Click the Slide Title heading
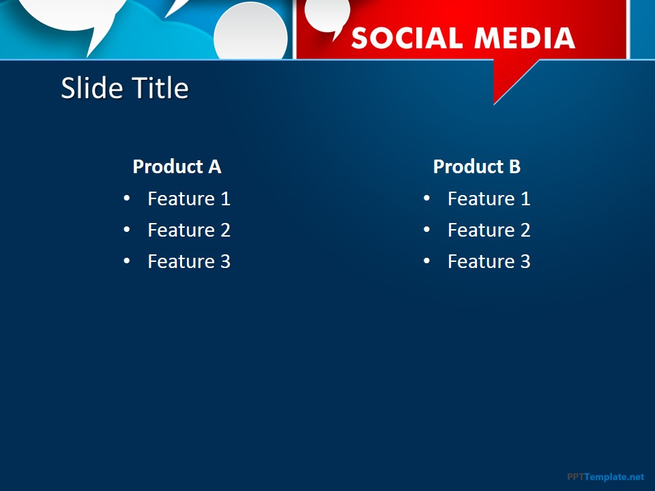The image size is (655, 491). click(x=125, y=89)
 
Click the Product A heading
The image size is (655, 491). click(x=177, y=166)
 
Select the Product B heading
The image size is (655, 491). click(x=476, y=166)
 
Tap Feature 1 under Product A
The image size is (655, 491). click(x=189, y=198)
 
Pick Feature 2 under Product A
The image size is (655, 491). click(x=189, y=230)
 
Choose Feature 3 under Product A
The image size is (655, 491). click(x=189, y=261)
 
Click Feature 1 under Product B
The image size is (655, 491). click(x=489, y=198)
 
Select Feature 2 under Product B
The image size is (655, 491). click(x=489, y=230)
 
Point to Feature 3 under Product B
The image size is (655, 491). click(x=489, y=261)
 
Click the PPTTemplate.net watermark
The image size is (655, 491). click(x=605, y=477)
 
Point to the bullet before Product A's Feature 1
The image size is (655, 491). click(x=126, y=198)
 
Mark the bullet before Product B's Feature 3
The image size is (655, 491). click(x=426, y=261)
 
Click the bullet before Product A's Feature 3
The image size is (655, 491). click(x=126, y=261)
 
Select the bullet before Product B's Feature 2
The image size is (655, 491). click(x=426, y=230)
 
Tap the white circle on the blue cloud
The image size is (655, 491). click(x=251, y=33)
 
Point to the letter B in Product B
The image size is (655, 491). click(x=514, y=166)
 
